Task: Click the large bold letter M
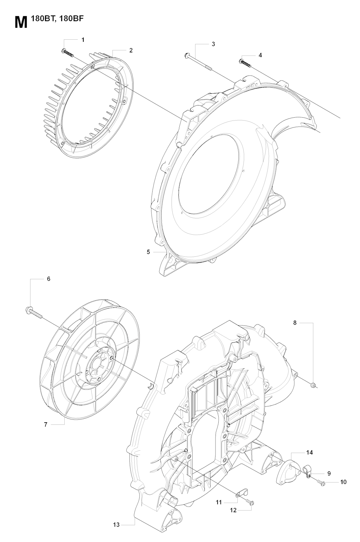pos(21,23)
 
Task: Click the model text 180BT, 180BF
pos(57,19)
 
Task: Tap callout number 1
pos(83,40)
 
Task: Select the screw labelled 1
pos(67,53)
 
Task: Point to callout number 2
pos(131,50)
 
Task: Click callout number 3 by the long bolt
pos(213,44)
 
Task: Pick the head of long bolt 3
pos(187,55)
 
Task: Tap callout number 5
pos(148,252)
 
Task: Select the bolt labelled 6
pos(34,313)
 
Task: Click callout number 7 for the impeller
pos(45,424)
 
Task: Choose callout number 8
pos(295,322)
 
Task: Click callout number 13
pos(116,524)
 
